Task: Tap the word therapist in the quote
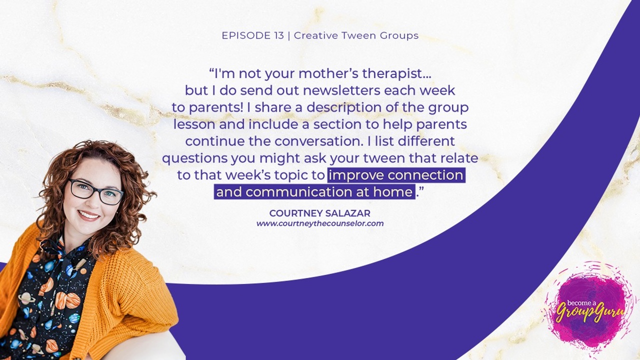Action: point(396,73)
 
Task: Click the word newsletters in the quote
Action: point(341,90)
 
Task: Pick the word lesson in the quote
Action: point(194,124)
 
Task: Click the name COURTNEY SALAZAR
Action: point(319,213)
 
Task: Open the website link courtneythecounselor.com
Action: point(320,223)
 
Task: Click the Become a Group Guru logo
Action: point(589,309)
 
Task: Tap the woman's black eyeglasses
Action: point(95,192)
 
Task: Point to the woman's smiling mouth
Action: point(88,215)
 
